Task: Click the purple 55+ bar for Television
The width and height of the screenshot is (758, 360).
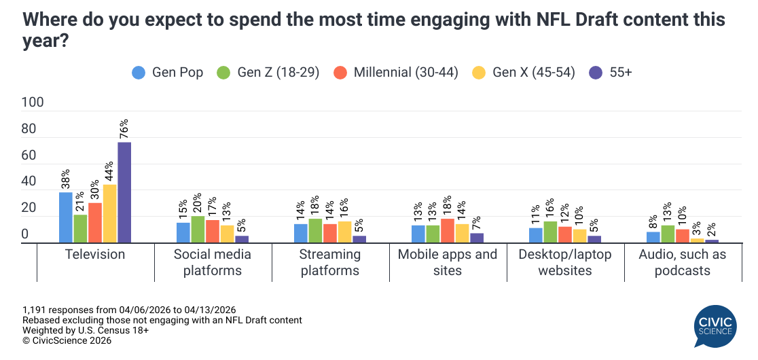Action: (x=124, y=192)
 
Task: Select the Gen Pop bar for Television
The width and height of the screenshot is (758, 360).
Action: (x=66, y=217)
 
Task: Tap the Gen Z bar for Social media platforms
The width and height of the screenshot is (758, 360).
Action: (x=198, y=230)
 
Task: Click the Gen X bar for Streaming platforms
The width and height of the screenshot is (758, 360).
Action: (x=344, y=232)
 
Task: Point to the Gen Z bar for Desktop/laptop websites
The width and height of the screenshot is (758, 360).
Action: (x=550, y=232)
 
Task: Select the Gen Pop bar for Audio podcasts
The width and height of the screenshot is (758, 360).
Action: (x=653, y=237)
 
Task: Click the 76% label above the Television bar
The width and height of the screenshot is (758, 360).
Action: (x=124, y=129)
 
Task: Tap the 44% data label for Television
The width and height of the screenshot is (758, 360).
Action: (x=109, y=171)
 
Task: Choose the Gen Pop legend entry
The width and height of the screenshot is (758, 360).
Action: (x=168, y=72)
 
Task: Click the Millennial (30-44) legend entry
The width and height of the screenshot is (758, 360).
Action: (x=398, y=72)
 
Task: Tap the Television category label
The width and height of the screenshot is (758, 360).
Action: (x=95, y=255)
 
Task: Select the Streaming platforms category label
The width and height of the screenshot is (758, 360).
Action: (x=330, y=262)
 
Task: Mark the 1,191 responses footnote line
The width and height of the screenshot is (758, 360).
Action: (x=129, y=310)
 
